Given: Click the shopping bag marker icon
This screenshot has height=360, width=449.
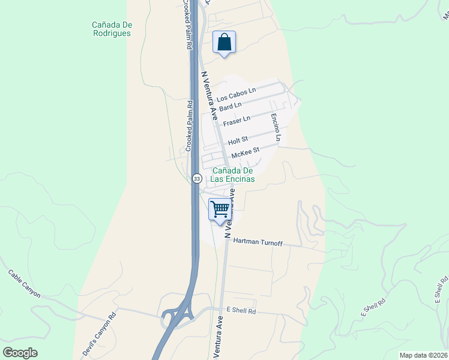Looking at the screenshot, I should (x=224, y=43).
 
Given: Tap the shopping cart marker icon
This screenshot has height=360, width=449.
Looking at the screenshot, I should (x=220, y=210).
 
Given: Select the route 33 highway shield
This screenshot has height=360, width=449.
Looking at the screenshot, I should (x=196, y=178).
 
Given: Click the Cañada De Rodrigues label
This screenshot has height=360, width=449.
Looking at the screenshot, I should (x=112, y=29).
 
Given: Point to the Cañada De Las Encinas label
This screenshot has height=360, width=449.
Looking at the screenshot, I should (x=232, y=175).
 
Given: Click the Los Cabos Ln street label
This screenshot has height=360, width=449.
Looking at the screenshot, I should (x=236, y=94).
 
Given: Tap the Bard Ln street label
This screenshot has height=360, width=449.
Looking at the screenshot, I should (x=230, y=107).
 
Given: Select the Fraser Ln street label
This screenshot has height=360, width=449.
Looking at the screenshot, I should (x=236, y=121).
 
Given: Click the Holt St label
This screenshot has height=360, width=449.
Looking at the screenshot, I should (x=238, y=142).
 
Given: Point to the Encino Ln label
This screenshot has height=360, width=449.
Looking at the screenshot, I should (x=275, y=127).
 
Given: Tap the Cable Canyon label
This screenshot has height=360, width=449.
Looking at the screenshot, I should (x=24, y=283).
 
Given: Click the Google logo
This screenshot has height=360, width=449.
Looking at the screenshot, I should (x=20, y=353).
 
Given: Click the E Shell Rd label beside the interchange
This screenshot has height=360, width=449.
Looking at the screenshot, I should (x=241, y=311).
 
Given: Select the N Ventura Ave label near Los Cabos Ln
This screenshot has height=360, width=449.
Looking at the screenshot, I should (x=209, y=96).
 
